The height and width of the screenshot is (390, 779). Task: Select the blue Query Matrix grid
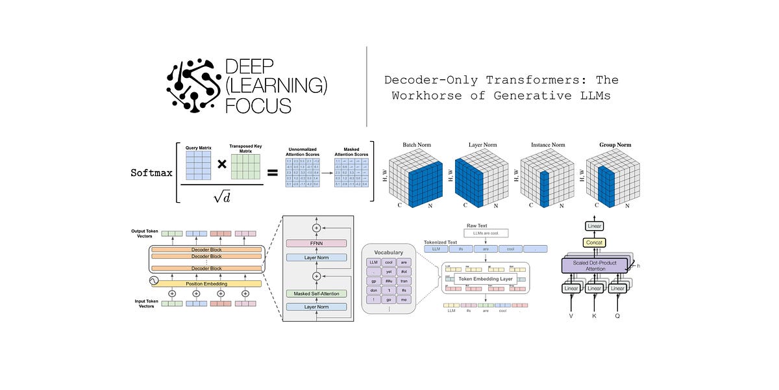tap(199, 166)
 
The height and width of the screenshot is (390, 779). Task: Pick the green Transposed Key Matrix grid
tap(245, 166)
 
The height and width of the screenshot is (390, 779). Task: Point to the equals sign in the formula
tap(272, 174)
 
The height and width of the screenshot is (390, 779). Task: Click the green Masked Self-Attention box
tap(317, 293)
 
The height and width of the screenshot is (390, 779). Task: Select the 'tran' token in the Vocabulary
tap(404, 281)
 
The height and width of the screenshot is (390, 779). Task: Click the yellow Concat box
tap(595, 242)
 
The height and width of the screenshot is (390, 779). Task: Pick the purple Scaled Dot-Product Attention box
tap(594, 265)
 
